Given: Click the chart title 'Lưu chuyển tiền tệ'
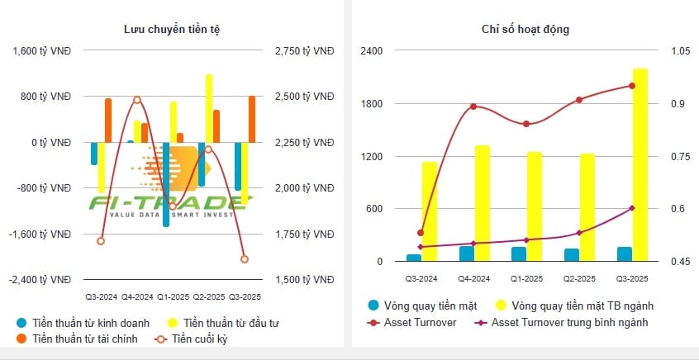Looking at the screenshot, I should pos(172,30).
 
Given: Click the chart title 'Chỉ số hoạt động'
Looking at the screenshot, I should pos(525,30).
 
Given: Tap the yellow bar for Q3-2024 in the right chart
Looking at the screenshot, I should pos(430,211).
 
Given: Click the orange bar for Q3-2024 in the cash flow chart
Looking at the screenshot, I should pos(108,121).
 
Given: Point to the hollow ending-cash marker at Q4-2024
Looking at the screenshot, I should pos(137,100).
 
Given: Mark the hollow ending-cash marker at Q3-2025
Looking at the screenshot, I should pos(245,259).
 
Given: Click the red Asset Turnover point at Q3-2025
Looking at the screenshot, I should pos(632,86).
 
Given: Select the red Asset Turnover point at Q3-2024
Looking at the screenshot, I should pos(421,233).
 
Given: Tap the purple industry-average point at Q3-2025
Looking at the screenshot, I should pos(632,208).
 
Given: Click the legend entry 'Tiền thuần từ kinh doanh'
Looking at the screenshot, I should pos(83,322).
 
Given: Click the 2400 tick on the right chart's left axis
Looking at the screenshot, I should pos(372,51).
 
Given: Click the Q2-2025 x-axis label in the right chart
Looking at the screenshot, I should pos(578,279).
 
